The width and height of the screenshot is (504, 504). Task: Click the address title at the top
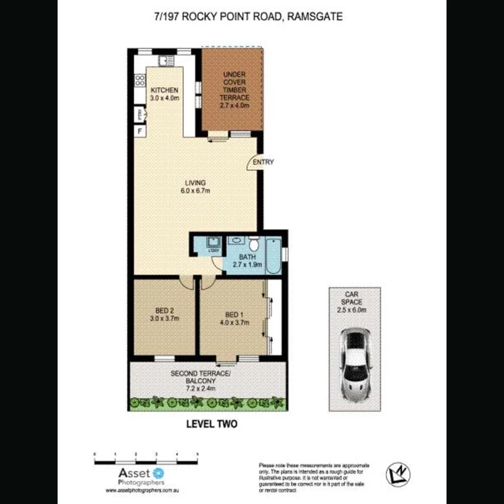(x=248, y=17)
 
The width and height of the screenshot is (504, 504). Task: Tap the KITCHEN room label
(x=164, y=94)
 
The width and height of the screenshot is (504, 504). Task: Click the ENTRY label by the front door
(x=263, y=162)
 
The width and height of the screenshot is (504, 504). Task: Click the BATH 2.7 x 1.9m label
(x=247, y=261)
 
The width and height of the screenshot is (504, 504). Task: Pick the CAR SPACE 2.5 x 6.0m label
(x=354, y=302)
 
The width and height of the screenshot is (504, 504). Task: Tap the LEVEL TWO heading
(x=211, y=425)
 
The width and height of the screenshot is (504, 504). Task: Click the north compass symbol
(x=397, y=473)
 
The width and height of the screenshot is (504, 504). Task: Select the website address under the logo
(x=142, y=490)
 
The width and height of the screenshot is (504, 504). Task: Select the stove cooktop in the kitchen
(x=140, y=81)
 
